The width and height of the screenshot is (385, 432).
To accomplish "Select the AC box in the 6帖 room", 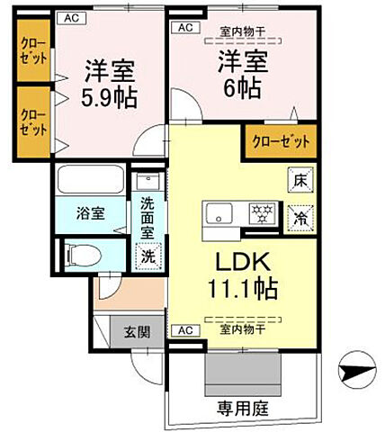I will pos(185,28).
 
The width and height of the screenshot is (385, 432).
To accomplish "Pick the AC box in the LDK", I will pos(184,330).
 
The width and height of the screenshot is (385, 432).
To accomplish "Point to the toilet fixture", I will pos(78,251).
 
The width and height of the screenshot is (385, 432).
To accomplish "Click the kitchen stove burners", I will pos(263,214).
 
